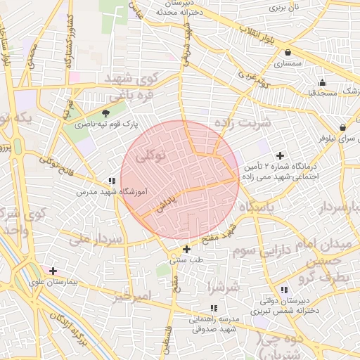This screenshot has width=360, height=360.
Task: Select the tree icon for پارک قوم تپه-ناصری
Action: [x=106, y=112]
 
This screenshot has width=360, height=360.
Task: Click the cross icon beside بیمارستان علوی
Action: [x=53, y=271]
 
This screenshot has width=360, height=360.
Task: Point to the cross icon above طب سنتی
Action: [x=186, y=249]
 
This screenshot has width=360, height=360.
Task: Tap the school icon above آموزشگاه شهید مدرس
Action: [x=110, y=181]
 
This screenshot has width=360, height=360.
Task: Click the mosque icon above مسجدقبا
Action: [x=322, y=82]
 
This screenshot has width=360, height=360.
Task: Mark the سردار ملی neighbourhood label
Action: [x=96, y=239]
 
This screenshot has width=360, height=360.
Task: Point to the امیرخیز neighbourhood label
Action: [x=131, y=296]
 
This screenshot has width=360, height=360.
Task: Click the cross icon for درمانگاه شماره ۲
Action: [x=281, y=155]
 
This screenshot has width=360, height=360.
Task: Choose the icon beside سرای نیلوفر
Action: [x=342, y=127]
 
